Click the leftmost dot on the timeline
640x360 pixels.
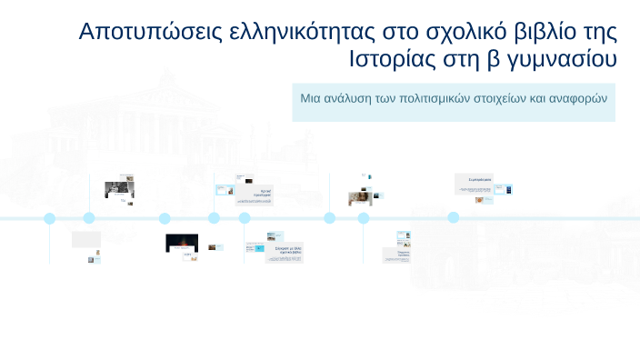tap(50, 218)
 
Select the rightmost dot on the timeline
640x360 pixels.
tap(453, 218)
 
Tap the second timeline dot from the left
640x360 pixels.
tap(89, 218)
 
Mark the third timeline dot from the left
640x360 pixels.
tap(165, 218)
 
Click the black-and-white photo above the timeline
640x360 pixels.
tap(118, 190)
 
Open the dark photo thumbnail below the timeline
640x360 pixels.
tap(182, 243)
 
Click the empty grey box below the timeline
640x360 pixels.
tap(86, 239)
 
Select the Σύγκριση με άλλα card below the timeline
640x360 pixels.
tap(284, 252)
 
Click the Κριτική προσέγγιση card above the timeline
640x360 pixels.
tap(263, 192)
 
